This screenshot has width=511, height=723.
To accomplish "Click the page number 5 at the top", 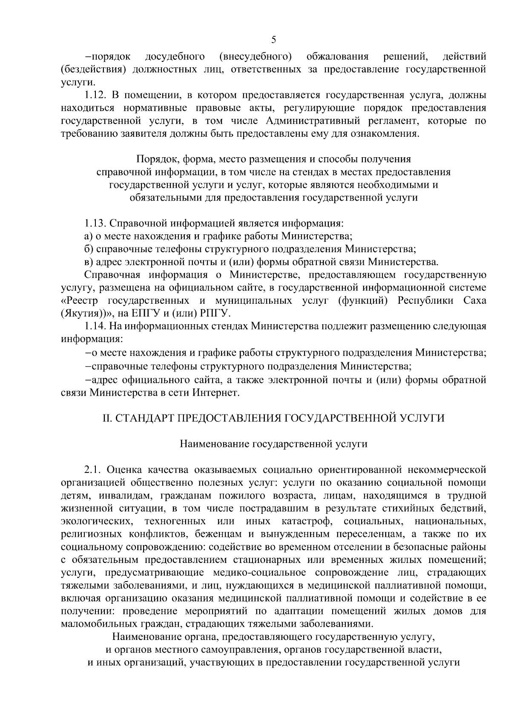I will (273, 40).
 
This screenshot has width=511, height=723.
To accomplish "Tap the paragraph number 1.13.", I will (95, 223).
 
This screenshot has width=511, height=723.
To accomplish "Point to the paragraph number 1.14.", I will (95, 326).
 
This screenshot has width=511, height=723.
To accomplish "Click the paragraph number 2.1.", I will (92, 470).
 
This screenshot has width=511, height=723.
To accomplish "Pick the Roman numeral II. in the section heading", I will (106, 418).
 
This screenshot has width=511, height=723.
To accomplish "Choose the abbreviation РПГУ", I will (215, 314).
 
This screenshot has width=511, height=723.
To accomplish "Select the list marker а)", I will (89, 236).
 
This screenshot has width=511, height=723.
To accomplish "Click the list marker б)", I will (89, 249).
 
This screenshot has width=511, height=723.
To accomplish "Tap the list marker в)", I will (88, 262).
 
